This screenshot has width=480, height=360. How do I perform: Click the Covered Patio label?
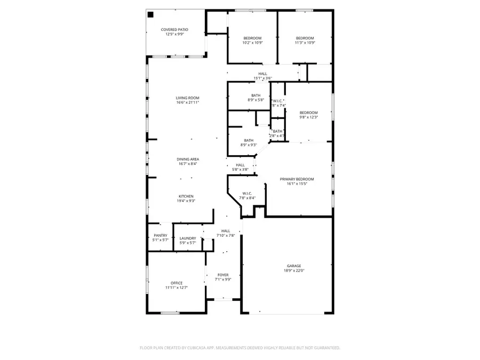(174, 29)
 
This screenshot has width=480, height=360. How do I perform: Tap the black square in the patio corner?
(150, 14)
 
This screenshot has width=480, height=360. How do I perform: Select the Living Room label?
(187, 98)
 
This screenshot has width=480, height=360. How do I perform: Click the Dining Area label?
(188, 159)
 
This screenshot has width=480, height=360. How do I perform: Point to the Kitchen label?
(186, 196)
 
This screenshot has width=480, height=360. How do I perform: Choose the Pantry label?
(160, 235)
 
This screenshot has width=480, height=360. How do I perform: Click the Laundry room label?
(187, 238)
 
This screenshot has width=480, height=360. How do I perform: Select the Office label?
(177, 283)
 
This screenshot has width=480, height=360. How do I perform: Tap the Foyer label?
(222, 275)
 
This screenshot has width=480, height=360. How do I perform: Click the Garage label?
(294, 266)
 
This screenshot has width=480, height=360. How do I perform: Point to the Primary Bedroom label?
(297, 179)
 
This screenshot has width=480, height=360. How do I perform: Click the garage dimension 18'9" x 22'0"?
(294, 270)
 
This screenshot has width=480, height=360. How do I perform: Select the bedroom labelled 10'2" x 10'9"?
(252, 38)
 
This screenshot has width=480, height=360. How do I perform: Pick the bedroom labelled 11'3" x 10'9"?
(305, 38)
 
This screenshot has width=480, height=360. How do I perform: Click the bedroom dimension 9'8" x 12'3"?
(308, 117)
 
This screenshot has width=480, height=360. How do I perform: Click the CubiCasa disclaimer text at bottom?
(239, 348)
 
